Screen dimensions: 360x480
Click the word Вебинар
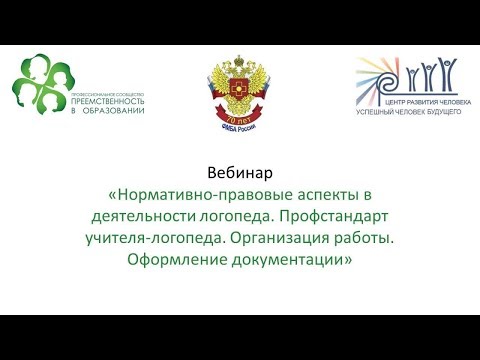[x=239, y=172]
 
